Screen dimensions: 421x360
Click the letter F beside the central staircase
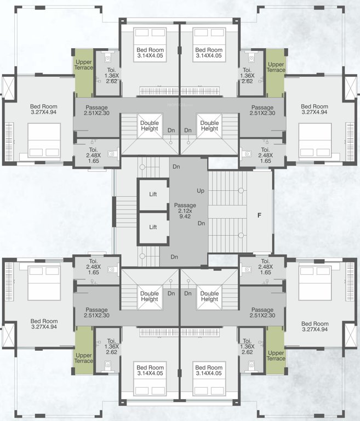259,215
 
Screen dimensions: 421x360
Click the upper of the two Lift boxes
153,194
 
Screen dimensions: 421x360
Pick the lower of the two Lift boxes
153,227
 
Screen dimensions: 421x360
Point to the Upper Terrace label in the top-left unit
84,66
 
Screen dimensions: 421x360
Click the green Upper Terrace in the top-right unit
276,66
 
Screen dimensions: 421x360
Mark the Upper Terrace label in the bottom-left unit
84,358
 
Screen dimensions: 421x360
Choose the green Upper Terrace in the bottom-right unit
276,355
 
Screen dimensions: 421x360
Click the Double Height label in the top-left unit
149,126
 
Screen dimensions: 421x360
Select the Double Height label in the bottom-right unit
209,297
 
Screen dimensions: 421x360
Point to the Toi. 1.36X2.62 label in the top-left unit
113,75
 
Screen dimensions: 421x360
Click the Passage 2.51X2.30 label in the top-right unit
262,110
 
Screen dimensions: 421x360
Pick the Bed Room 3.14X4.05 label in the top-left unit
150,53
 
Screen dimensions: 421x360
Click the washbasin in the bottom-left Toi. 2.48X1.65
112,269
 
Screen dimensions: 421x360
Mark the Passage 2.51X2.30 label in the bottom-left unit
96,313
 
